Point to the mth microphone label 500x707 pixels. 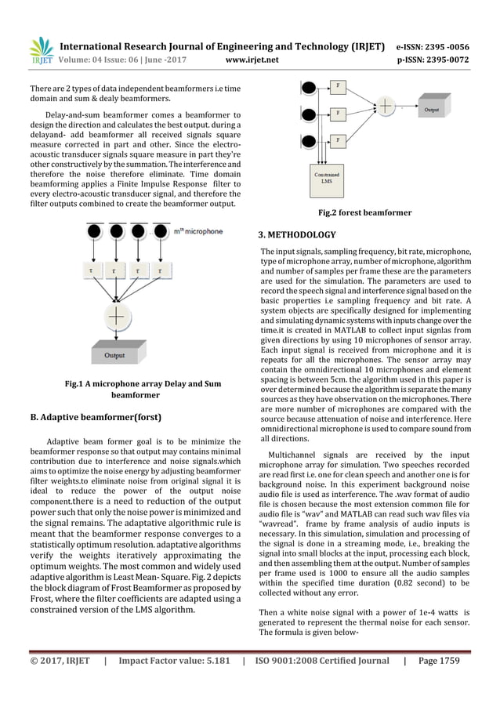(198, 232)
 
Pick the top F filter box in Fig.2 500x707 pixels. (338, 84)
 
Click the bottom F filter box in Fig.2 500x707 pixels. (338, 140)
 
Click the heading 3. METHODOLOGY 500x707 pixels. (297, 234)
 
